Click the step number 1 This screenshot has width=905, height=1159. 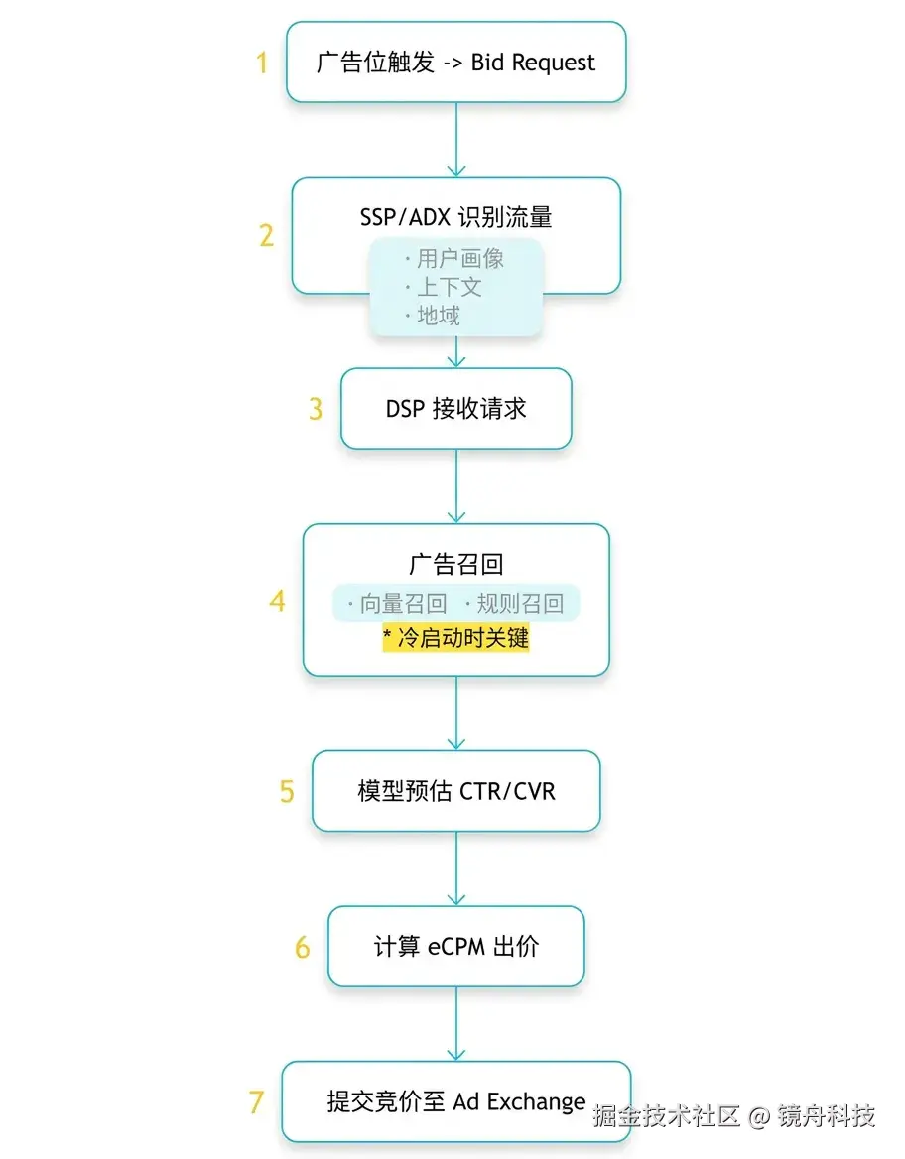(262, 63)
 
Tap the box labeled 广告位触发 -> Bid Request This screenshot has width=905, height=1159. (455, 63)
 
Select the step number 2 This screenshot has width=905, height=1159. (266, 235)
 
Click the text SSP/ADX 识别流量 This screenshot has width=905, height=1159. (455, 217)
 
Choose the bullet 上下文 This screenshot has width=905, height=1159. (449, 288)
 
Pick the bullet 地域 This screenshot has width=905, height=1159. (438, 317)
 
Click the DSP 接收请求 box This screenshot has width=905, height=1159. (455, 409)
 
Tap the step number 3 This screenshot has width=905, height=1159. (316, 409)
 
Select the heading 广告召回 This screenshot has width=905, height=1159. (455, 565)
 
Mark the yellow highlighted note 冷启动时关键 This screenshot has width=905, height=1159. (455, 638)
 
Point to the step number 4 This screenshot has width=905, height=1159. (278, 601)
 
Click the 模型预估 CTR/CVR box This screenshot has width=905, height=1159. (455, 791)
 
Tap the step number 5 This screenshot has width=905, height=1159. (287, 791)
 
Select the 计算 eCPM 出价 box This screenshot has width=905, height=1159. (455, 946)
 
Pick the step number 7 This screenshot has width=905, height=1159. (256, 1101)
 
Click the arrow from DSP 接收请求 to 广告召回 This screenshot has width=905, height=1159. (455, 485)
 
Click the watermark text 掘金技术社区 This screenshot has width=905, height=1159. (667, 1115)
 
